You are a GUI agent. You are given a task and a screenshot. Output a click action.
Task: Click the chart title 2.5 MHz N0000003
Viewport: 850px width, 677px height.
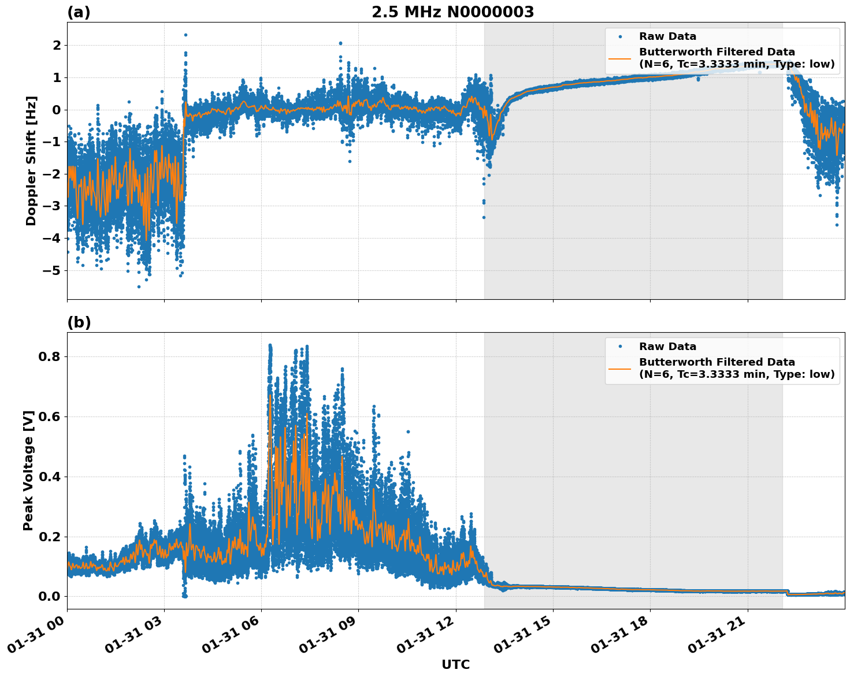pyautogui.click(x=452, y=12)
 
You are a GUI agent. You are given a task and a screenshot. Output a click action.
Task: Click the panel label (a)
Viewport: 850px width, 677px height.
pyautogui.click(x=79, y=12)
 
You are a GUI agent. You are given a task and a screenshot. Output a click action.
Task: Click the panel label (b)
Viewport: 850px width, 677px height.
pyautogui.click(x=79, y=322)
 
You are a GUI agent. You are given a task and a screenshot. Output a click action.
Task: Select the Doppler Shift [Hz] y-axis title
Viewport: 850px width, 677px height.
pyautogui.click(x=31, y=161)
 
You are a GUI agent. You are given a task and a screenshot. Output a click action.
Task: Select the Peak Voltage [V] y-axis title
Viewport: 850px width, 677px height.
pyautogui.click(x=28, y=470)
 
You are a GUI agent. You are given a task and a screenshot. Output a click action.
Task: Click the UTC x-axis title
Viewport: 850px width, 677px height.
pyautogui.click(x=455, y=664)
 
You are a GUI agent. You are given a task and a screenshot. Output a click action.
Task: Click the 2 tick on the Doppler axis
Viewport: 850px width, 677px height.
pyautogui.click(x=57, y=45)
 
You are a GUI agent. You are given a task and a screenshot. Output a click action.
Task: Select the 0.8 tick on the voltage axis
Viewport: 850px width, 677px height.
pyautogui.click(x=50, y=356)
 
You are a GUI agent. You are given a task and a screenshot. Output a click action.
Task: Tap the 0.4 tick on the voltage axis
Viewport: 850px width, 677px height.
pyautogui.click(x=50, y=477)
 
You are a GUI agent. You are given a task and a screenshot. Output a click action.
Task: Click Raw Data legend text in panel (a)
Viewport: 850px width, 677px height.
pyautogui.click(x=667, y=36)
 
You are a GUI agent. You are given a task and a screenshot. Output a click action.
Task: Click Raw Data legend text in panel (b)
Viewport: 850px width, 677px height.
pyautogui.click(x=667, y=347)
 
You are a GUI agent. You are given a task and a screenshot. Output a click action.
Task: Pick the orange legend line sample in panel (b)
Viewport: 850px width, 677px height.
pyautogui.click(x=619, y=368)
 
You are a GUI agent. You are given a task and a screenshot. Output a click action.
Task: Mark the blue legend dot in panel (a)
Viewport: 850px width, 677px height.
pyautogui.click(x=619, y=36)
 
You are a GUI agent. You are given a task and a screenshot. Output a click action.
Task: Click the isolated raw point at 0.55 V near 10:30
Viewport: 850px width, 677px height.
pyautogui.click(x=407, y=432)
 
